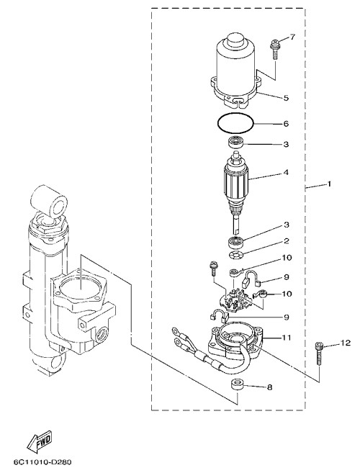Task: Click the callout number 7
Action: pyautogui.click(x=292, y=37)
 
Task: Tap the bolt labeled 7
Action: pyautogui.click(x=274, y=50)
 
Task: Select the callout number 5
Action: pyautogui.click(x=285, y=98)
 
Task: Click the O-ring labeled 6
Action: pyautogui.click(x=235, y=122)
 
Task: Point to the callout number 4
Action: pyautogui.click(x=285, y=173)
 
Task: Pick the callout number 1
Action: pyautogui.click(x=329, y=184)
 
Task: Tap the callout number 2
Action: pyautogui.click(x=286, y=240)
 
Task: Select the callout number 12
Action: pyautogui.click(x=346, y=343)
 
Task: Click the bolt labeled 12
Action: pyautogui.click(x=319, y=353)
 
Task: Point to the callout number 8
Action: pyautogui.click(x=269, y=387)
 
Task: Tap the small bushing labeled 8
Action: pyautogui.click(x=237, y=385)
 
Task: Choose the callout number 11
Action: pyautogui.click(x=286, y=338)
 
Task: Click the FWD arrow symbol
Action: pyautogui.click(x=39, y=443)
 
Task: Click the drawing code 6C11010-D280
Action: pyautogui.click(x=42, y=462)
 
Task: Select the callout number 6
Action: pyautogui.click(x=286, y=124)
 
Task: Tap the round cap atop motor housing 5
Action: pyautogui.click(x=236, y=39)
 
